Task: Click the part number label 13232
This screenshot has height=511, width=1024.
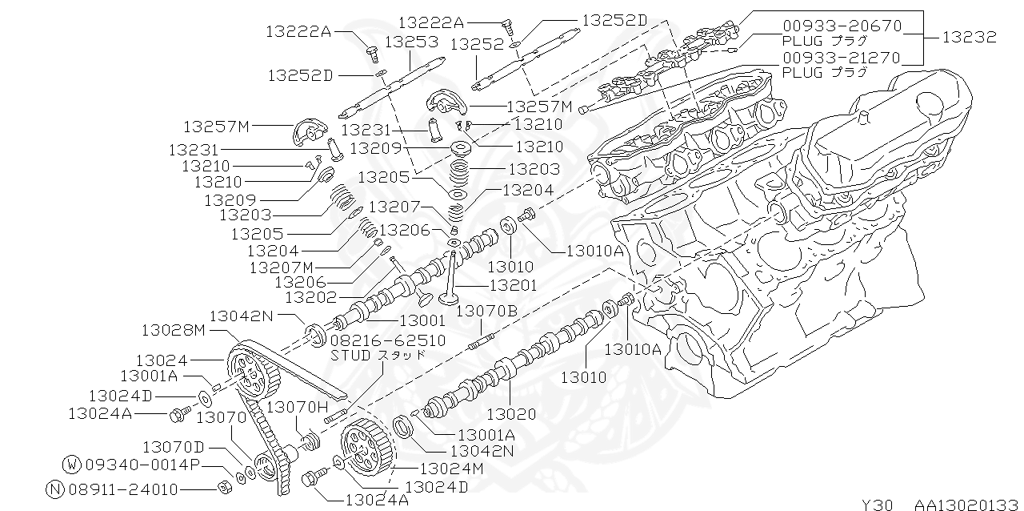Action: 969,37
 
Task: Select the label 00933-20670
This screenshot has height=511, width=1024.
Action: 842,26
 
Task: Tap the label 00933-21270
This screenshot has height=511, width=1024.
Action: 842,58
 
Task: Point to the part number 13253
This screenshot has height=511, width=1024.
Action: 411,42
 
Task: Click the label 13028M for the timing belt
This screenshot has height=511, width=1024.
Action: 174,330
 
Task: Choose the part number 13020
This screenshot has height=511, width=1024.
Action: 511,414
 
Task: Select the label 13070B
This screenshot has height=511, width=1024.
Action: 487,312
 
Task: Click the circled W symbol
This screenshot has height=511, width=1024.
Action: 72,465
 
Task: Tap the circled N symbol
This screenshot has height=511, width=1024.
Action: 55,489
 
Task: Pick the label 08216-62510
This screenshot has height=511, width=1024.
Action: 388,340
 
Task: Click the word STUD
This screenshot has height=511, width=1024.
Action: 350,356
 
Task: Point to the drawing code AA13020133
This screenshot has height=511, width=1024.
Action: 968,504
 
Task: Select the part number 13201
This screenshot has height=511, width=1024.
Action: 514,285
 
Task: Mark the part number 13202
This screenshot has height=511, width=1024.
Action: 311,298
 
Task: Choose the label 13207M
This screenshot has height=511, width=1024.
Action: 282,267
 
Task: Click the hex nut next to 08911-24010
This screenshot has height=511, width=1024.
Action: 224,489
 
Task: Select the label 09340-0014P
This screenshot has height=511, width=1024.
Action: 142,465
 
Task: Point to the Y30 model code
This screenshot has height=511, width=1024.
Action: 878,504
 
